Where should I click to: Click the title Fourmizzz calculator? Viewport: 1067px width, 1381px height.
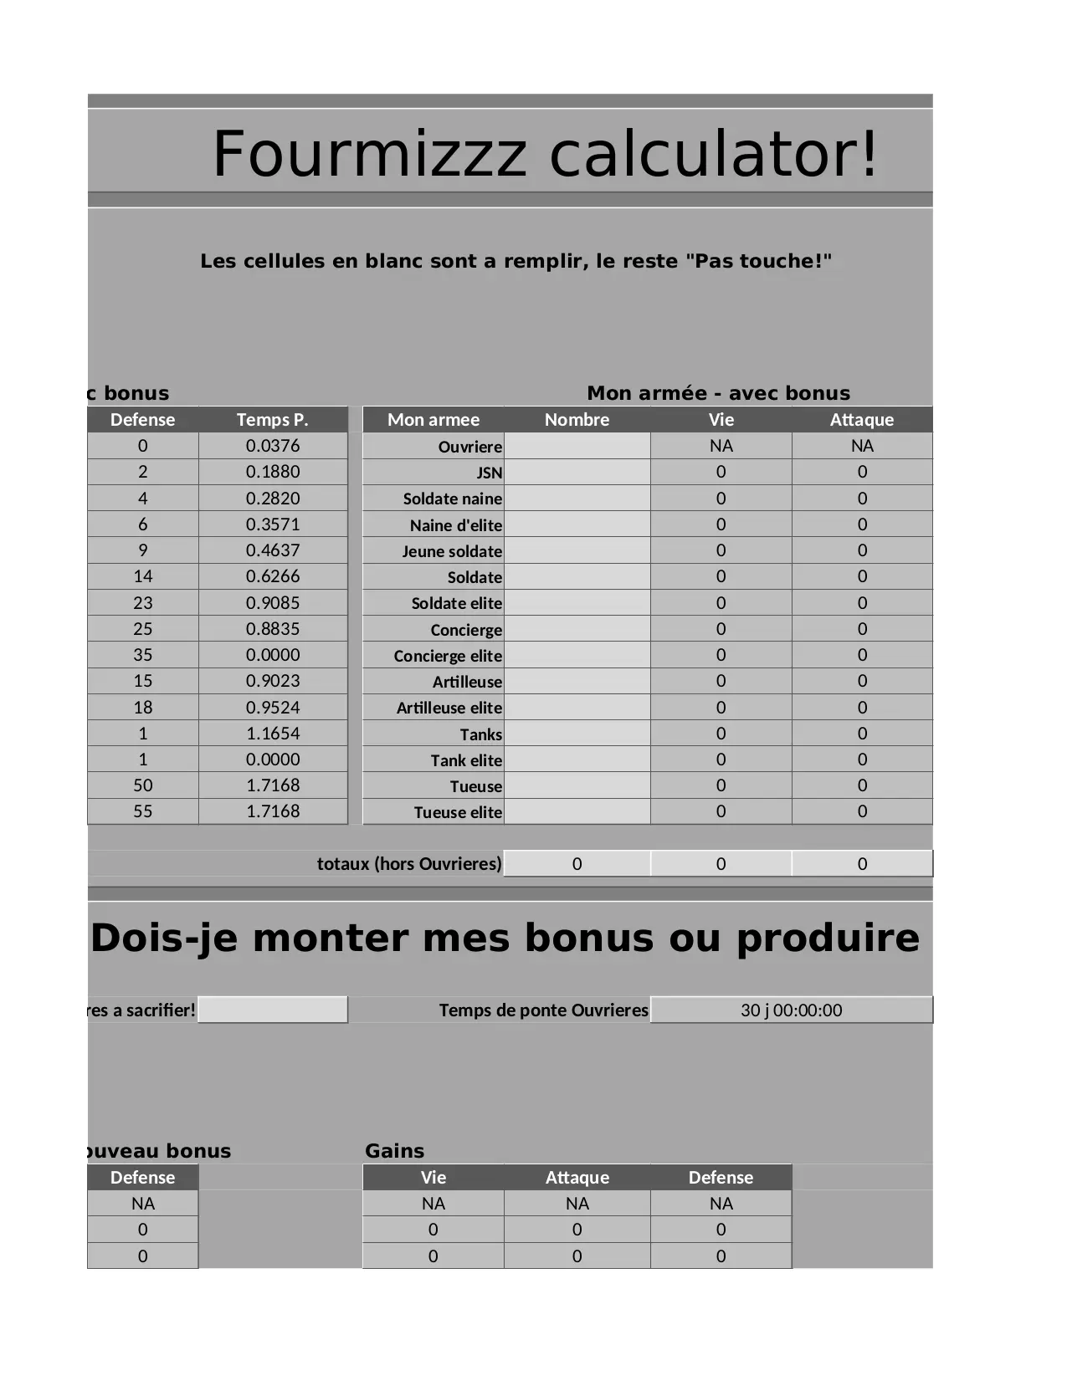[545, 154]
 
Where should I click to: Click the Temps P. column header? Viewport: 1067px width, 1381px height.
[272, 420]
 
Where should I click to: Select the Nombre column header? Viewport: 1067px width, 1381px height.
[577, 420]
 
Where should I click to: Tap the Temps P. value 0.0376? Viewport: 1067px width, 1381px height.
[272, 446]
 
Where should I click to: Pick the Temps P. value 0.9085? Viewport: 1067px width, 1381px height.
[272, 603]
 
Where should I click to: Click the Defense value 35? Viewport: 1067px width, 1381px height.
[142, 655]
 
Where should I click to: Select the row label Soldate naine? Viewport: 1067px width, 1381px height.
[452, 499]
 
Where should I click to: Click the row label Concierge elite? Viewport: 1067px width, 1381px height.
[448, 657]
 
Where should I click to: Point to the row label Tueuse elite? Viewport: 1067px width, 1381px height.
[458, 813]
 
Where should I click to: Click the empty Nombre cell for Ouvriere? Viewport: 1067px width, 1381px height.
[577, 446]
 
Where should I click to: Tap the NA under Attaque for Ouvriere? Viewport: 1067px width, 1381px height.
[862, 446]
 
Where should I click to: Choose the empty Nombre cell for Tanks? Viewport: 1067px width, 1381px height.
[577, 734]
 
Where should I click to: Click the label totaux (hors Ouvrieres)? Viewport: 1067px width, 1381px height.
[409, 864]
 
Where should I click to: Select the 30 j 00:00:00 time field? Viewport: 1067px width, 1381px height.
[791, 1010]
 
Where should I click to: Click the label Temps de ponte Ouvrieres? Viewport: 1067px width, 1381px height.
[543, 1010]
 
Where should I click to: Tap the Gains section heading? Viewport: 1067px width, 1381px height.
[394, 1151]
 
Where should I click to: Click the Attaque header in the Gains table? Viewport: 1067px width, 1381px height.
[577, 1178]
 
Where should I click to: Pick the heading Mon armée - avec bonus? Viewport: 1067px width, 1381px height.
[718, 393]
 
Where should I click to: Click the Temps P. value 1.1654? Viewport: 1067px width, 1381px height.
[272, 734]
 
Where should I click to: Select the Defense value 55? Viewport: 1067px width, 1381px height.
[142, 811]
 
